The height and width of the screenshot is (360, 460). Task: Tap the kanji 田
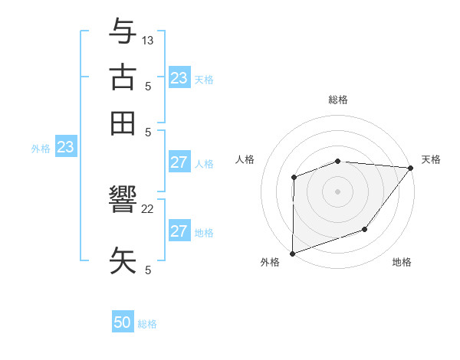(123, 123)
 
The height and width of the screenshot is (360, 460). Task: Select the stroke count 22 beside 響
(148, 209)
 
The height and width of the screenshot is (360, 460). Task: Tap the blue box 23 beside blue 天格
(179, 78)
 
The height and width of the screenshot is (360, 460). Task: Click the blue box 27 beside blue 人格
(179, 162)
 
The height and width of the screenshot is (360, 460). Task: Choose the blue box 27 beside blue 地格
(179, 231)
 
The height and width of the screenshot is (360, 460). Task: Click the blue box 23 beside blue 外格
(65, 147)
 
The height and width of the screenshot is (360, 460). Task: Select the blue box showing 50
(123, 323)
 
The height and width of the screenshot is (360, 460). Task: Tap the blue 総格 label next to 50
(147, 324)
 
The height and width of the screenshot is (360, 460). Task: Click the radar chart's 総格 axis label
(338, 100)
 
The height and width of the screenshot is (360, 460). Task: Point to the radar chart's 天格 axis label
(431, 159)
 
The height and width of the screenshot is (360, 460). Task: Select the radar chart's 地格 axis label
(402, 263)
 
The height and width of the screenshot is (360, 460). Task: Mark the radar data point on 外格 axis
(292, 253)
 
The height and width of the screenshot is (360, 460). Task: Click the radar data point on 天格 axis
(411, 168)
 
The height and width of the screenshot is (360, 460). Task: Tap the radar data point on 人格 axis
(294, 178)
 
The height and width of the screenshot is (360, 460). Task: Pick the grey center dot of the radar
(338, 191)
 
